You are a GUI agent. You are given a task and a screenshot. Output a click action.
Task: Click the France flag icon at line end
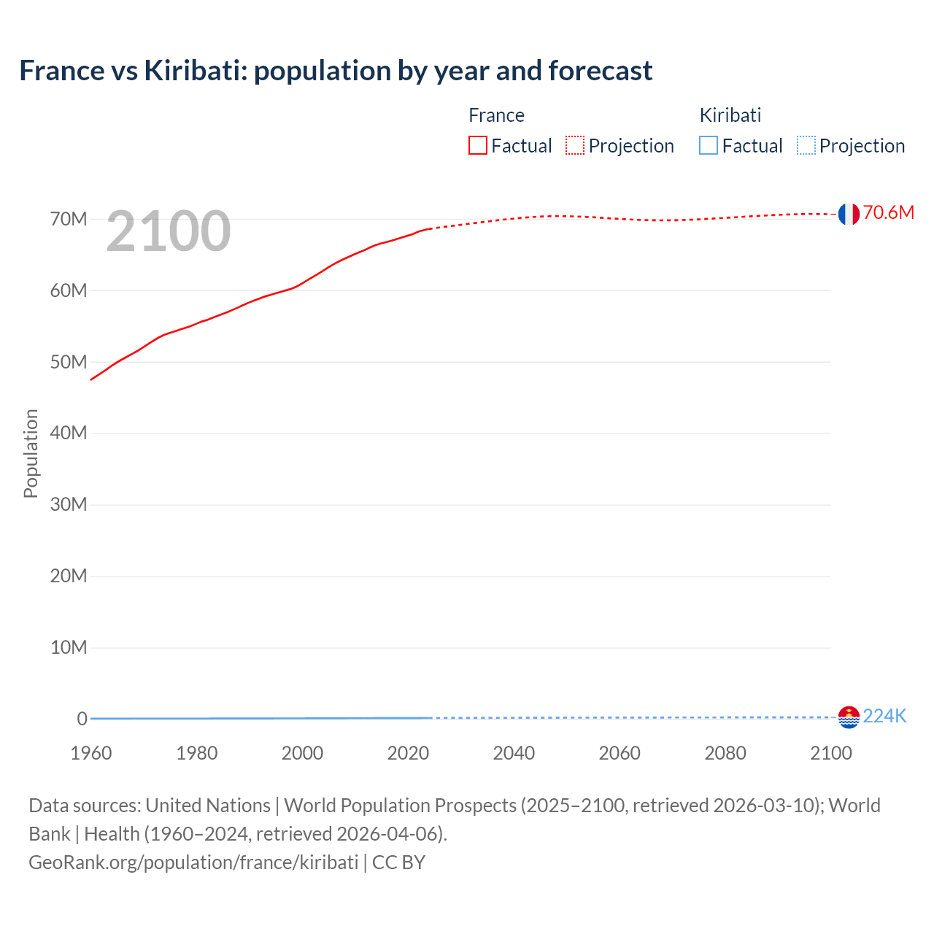click(x=848, y=214)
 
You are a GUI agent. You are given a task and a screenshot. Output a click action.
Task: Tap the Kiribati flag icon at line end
click(x=849, y=717)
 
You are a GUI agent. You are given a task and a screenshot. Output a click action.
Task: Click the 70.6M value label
click(x=888, y=212)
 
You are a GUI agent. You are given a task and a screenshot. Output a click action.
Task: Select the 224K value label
click(x=884, y=717)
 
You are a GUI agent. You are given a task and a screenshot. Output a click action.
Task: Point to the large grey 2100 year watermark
click(x=169, y=231)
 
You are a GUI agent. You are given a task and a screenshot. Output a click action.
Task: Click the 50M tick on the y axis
click(x=69, y=362)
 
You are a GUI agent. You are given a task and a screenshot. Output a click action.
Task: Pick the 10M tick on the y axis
click(x=69, y=647)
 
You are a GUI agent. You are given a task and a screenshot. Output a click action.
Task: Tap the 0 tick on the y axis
click(x=82, y=719)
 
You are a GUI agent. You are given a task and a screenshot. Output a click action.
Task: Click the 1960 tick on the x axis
click(x=91, y=753)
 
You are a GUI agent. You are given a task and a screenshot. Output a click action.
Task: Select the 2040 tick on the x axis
click(x=514, y=753)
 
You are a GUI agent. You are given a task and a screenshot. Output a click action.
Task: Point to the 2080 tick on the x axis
click(x=725, y=753)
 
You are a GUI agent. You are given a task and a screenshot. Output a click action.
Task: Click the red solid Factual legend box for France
click(x=478, y=145)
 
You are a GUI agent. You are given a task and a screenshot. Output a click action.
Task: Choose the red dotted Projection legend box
click(x=575, y=145)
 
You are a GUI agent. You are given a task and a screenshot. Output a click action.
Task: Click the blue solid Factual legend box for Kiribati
click(x=709, y=145)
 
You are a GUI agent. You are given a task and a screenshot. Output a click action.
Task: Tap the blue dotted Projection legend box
click(x=806, y=145)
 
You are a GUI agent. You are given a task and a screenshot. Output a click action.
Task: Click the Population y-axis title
click(x=31, y=453)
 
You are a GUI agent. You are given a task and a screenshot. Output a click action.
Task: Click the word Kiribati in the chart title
click(x=191, y=71)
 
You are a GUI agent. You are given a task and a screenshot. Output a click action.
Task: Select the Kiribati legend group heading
click(x=730, y=115)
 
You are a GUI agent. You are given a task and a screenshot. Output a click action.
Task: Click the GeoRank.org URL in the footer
click(x=193, y=862)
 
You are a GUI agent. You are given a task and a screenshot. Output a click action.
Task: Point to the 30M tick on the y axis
click(x=69, y=504)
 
